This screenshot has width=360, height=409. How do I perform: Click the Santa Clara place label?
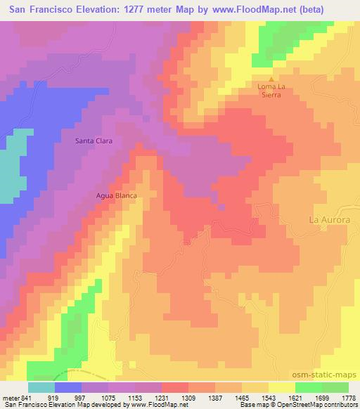click(94, 141)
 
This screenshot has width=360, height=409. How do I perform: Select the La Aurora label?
click(330, 219)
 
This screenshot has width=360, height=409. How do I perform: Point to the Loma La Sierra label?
click(271, 93)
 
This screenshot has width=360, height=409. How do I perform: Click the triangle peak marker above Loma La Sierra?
click(271, 79)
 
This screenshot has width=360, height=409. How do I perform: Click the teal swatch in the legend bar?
click(41, 387)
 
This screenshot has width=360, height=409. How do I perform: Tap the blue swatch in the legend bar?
click(68, 387)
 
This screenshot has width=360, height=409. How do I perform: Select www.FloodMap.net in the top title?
click(269, 8)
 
